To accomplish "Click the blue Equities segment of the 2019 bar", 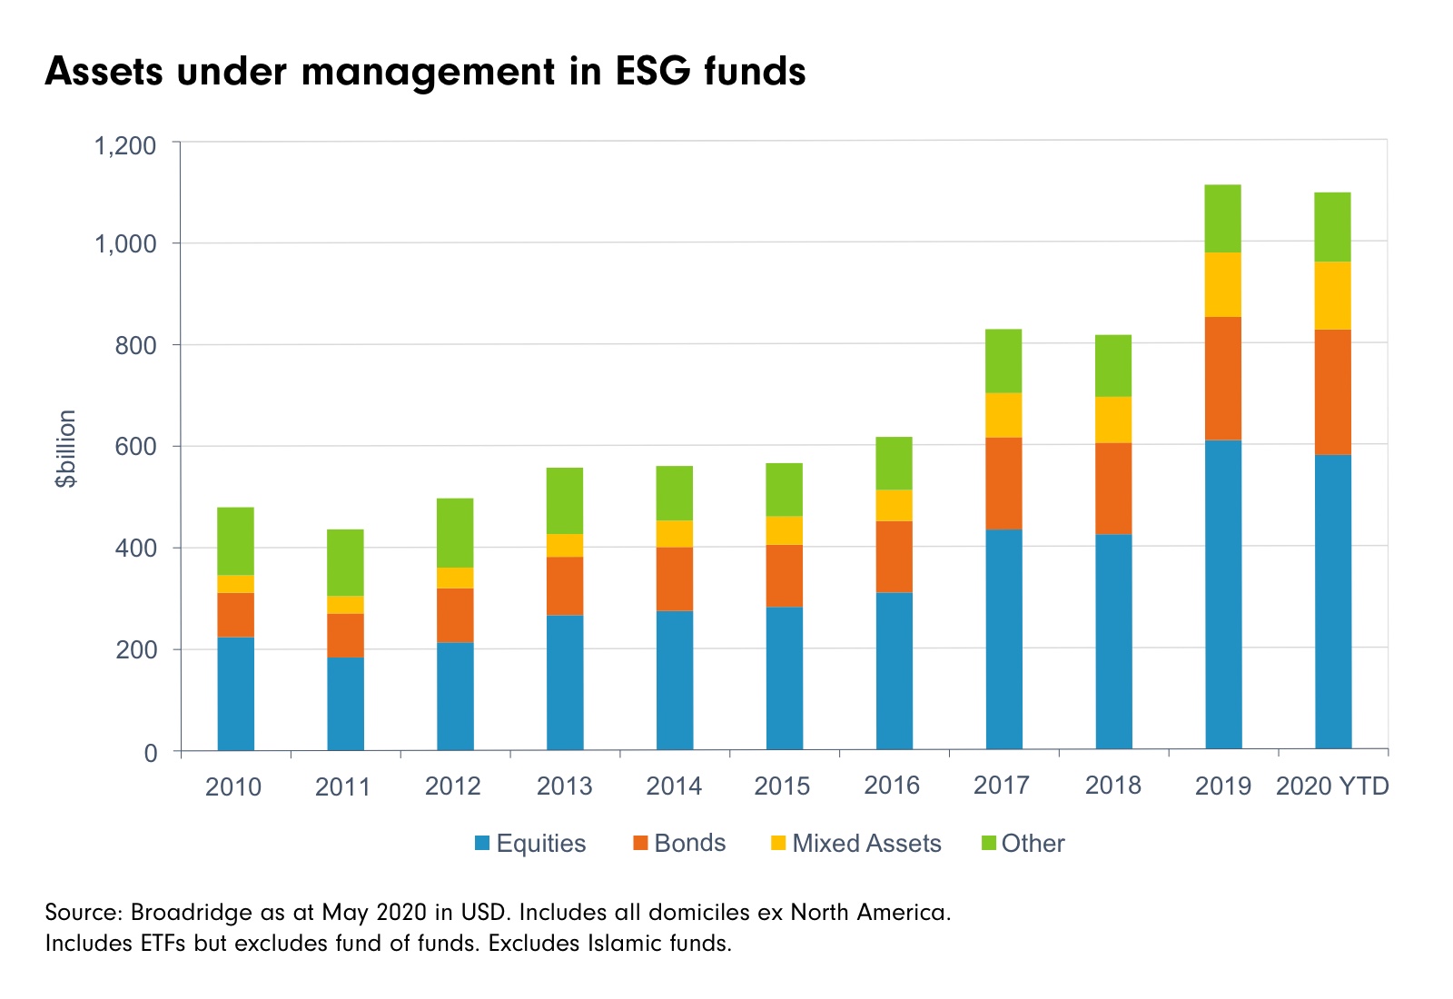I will click(1222, 595).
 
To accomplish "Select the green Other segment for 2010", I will click(235, 540).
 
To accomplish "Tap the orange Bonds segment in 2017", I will click(1003, 483).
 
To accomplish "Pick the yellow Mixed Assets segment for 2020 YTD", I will click(1332, 295).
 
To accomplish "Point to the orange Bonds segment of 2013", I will click(565, 586).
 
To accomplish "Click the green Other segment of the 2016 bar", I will click(894, 463).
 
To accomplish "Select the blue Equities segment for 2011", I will click(345, 704).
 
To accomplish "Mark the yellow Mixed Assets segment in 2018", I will click(1113, 420).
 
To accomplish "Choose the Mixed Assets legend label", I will click(866, 844).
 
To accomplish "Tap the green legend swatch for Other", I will click(989, 844).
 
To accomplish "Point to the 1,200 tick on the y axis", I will click(125, 145).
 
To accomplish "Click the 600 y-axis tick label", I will click(135, 447).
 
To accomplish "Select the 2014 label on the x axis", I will click(674, 786).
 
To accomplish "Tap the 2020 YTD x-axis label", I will click(1332, 786).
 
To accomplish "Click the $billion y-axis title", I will click(65, 449).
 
